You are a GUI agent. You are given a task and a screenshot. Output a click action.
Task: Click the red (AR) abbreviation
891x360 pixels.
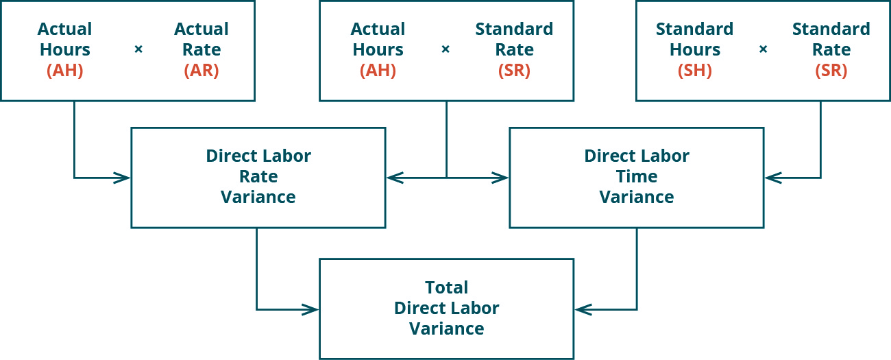(x=202, y=71)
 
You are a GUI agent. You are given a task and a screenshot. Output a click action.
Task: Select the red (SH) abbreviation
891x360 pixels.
(x=694, y=71)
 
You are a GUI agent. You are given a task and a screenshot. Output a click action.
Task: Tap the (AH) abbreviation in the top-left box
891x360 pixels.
(x=64, y=71)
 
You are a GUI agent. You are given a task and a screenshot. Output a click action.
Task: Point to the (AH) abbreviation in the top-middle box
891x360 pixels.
(x=378, y=71)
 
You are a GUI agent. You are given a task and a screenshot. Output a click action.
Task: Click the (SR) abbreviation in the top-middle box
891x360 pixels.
(x=514, y=71)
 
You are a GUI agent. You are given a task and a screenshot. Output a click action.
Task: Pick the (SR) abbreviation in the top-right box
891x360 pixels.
(x=831, y=71)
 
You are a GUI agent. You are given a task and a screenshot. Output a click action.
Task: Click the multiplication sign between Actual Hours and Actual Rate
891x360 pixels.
(x=138, y=50)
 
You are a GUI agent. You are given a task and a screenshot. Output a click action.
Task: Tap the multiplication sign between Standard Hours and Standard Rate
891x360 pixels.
(x=763, y=50)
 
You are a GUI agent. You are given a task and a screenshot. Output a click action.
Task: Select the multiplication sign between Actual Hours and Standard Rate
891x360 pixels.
(x=445, y=50)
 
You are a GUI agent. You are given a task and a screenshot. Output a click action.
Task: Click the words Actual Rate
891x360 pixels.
(x=202, y=40)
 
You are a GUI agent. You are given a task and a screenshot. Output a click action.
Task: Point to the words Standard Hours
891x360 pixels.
(x=694, y=40)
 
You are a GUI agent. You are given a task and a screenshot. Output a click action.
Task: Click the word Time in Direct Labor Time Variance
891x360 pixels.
(x=637, y=177)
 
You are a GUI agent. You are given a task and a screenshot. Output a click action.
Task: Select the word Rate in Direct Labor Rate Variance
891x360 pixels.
(x=258, y=177)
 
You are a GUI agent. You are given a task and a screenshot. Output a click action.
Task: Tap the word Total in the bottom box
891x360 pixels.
(x=446, y=287)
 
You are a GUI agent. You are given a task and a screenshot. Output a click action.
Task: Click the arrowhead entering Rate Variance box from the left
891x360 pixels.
(x=123, y=178)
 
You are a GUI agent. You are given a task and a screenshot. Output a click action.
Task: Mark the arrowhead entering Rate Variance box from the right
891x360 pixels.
(x=393, y=178)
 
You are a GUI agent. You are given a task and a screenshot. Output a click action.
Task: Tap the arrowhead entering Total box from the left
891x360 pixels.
(x=312, y=310)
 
